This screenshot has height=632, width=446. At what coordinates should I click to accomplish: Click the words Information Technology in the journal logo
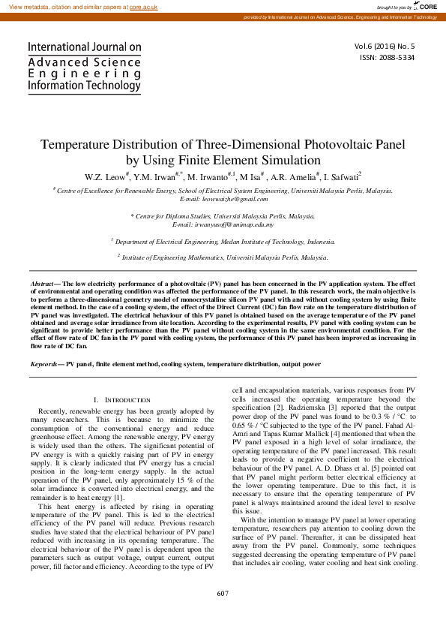pyautogui.click(x=84, y=86)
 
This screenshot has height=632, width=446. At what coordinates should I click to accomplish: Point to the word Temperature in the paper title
pyautogui.click(x=80, y=145)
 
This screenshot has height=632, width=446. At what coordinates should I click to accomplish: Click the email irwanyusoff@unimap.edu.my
pyautogui.click(x=223, y=224)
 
